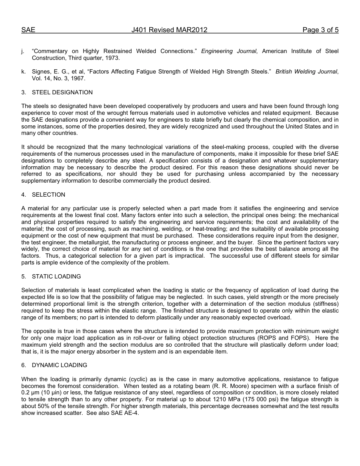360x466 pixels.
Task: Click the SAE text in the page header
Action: tap(28, 30)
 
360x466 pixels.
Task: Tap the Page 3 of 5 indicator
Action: tap(320, 30)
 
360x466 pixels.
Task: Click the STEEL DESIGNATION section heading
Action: tap(62, 92)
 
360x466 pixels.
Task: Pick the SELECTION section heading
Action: tap(49, 195)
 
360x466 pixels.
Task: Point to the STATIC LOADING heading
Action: tap(56, 277)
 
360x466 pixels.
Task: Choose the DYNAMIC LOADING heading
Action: tap(59, 365)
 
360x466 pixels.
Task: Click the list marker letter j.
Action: tap(23, 51)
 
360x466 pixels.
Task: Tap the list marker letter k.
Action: tap(23, 72)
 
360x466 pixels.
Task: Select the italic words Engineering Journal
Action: tap(229, 51)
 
